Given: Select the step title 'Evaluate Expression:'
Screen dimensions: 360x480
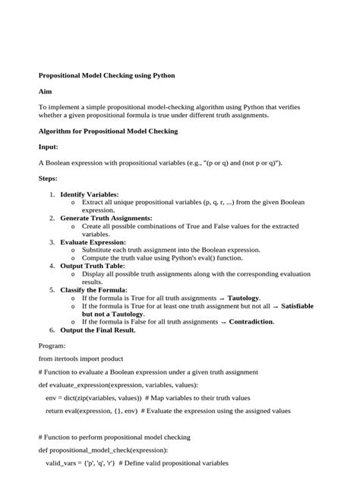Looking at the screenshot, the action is pyautogui.click(x=93, y=242).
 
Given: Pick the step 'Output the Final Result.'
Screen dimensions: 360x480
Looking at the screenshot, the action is pyautogui.click(x=98, y=330).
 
